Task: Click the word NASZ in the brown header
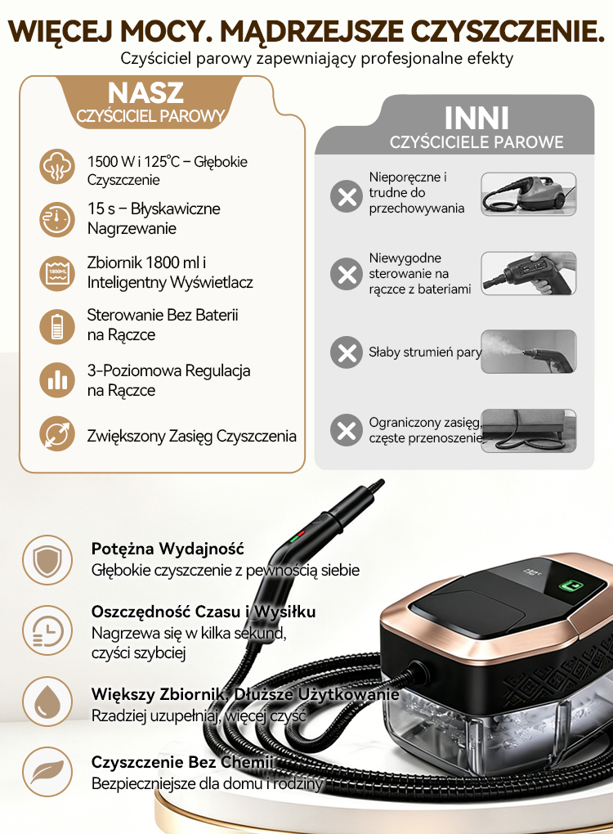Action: click(145, 93)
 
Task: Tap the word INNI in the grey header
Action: click(477, 118)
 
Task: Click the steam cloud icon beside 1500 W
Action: click(57, 167)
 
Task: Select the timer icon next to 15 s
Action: click(57, 219)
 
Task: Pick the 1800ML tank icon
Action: click(57, 273)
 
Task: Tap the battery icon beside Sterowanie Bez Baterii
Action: click(57, 326)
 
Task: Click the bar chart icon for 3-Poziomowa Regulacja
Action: click(57, 379)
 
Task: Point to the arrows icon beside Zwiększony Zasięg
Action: click(57, 433)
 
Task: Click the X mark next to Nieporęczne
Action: click(347, 196)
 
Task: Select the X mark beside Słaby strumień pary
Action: click(347, 352)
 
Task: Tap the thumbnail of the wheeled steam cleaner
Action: click(529, 194)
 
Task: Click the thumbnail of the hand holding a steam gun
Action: click(529, 273)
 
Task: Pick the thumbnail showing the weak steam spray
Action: click(529, 351)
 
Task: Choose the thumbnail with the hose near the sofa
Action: click(529, 431)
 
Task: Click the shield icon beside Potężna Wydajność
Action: click(47, 560)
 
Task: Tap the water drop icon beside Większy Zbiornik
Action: click(47, 702)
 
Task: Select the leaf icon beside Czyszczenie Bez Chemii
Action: click(47, 772)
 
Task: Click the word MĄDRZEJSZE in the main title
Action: click(311, 32)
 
